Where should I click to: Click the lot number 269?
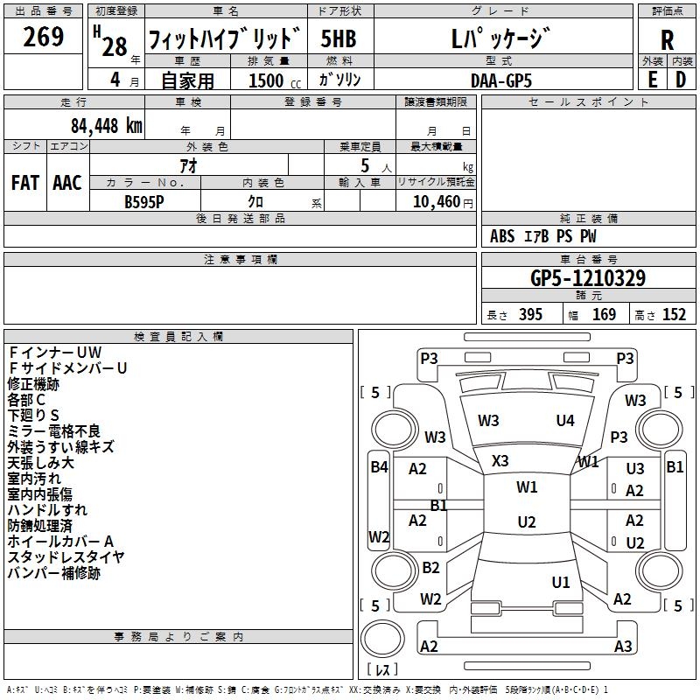(x=44, y=38)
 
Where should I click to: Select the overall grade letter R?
(x=667, y=39)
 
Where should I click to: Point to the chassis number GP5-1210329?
(x=588, y=278)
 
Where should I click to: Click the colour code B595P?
(x=145, y=201)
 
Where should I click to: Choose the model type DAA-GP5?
(x=500, y=80)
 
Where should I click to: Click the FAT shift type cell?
(x=25, y=183)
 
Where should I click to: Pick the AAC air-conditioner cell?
(x=67, y=183)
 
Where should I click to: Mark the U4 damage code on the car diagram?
(x=565, y=421)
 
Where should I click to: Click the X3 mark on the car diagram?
(x=500, y=461)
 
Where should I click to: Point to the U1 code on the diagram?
(x=561, y=582)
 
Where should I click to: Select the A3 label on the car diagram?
(x=623, y=647)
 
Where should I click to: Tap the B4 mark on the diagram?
(x=379, y=467)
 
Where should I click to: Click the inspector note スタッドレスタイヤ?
(x=66, y=557)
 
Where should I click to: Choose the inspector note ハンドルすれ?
(x=47, y=510)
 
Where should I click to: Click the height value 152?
(x=674, y=315)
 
